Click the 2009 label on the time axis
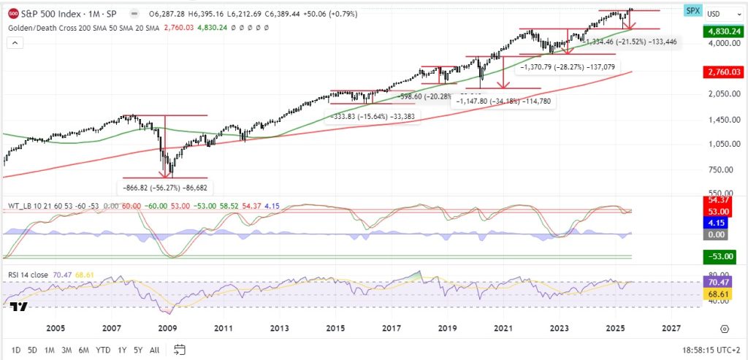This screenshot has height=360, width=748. pos(167,329)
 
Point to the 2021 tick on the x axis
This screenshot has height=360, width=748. pos(504,329)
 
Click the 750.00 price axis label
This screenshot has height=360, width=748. pos(719,170)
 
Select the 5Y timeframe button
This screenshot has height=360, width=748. pos(137,350)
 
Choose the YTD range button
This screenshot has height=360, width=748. pos(103,350)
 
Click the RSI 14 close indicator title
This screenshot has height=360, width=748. pos(27,275)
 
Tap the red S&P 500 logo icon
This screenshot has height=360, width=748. pos(14,13)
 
